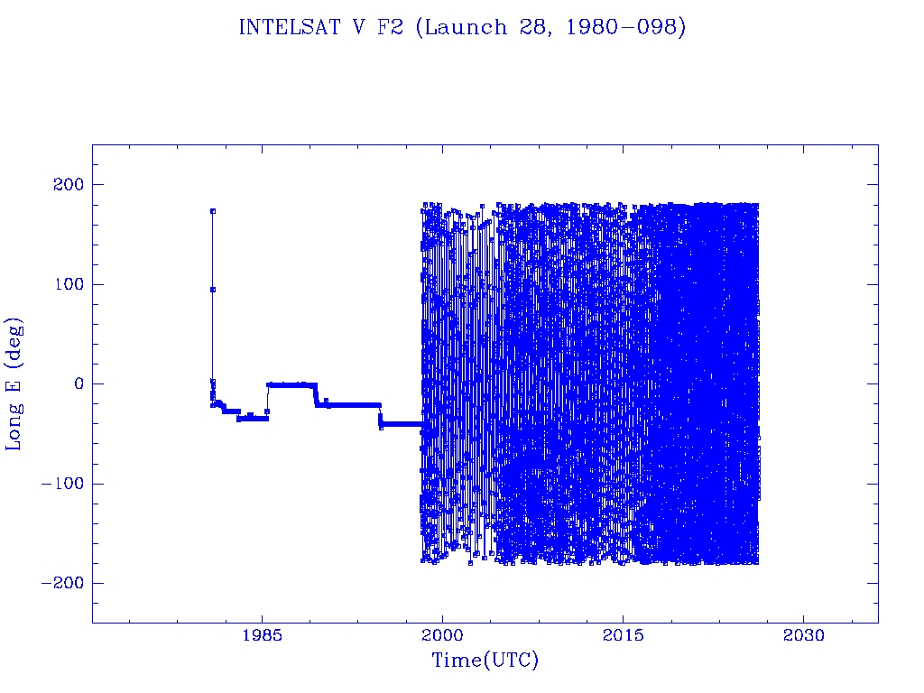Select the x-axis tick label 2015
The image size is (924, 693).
click(x=624, y=635)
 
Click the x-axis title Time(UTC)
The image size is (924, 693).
click(x=485, y=661)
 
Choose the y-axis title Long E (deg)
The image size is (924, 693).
click(x=15, y=383)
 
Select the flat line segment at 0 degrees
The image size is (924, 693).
click(x=291, y=384)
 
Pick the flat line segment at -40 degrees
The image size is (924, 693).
click(x=402, y=424)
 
